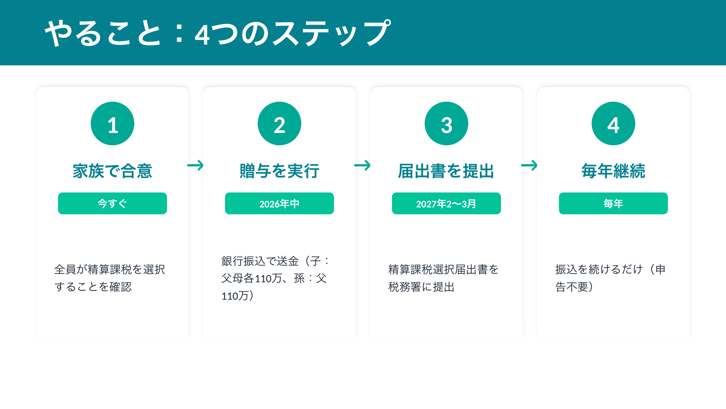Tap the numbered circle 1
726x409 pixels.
113,123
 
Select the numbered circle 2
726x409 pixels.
280,123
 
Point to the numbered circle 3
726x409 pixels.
446,123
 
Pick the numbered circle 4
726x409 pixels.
613,123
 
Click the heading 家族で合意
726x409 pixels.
113,171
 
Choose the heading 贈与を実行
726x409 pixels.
280,171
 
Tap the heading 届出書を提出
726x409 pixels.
446,171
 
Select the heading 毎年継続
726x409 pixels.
613,171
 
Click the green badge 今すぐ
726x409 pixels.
113,203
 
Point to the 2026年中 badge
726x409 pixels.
280,203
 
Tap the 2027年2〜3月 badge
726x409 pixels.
446,203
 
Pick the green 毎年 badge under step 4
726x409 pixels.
613,203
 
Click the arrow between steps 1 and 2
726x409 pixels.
195,166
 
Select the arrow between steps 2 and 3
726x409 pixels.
362,166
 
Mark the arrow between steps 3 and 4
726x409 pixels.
529,166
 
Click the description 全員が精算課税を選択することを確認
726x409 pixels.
110,278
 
